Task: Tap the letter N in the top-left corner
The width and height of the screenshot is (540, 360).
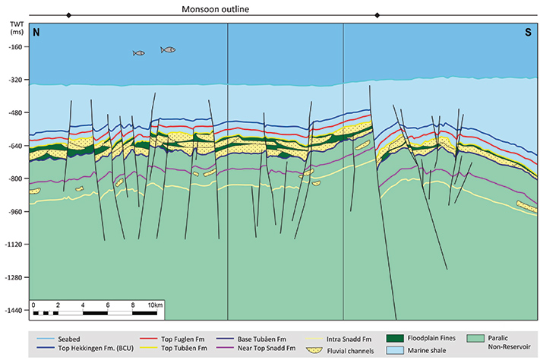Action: point(36,33)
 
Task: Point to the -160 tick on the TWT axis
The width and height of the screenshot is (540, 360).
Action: point(15,46)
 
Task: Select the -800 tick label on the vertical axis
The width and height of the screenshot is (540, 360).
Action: point(15,178)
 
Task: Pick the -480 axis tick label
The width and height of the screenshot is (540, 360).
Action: point(15,112)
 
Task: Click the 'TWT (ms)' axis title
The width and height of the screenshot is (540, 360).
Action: point(14,28)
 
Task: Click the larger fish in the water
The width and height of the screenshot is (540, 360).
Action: point(168,49)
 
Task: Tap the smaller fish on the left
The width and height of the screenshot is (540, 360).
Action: point(138,53)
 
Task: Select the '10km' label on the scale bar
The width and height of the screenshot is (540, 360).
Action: point(155,305)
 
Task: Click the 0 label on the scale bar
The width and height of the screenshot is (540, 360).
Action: point(34,305)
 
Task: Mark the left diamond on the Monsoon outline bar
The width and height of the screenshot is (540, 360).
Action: point(68,15)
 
